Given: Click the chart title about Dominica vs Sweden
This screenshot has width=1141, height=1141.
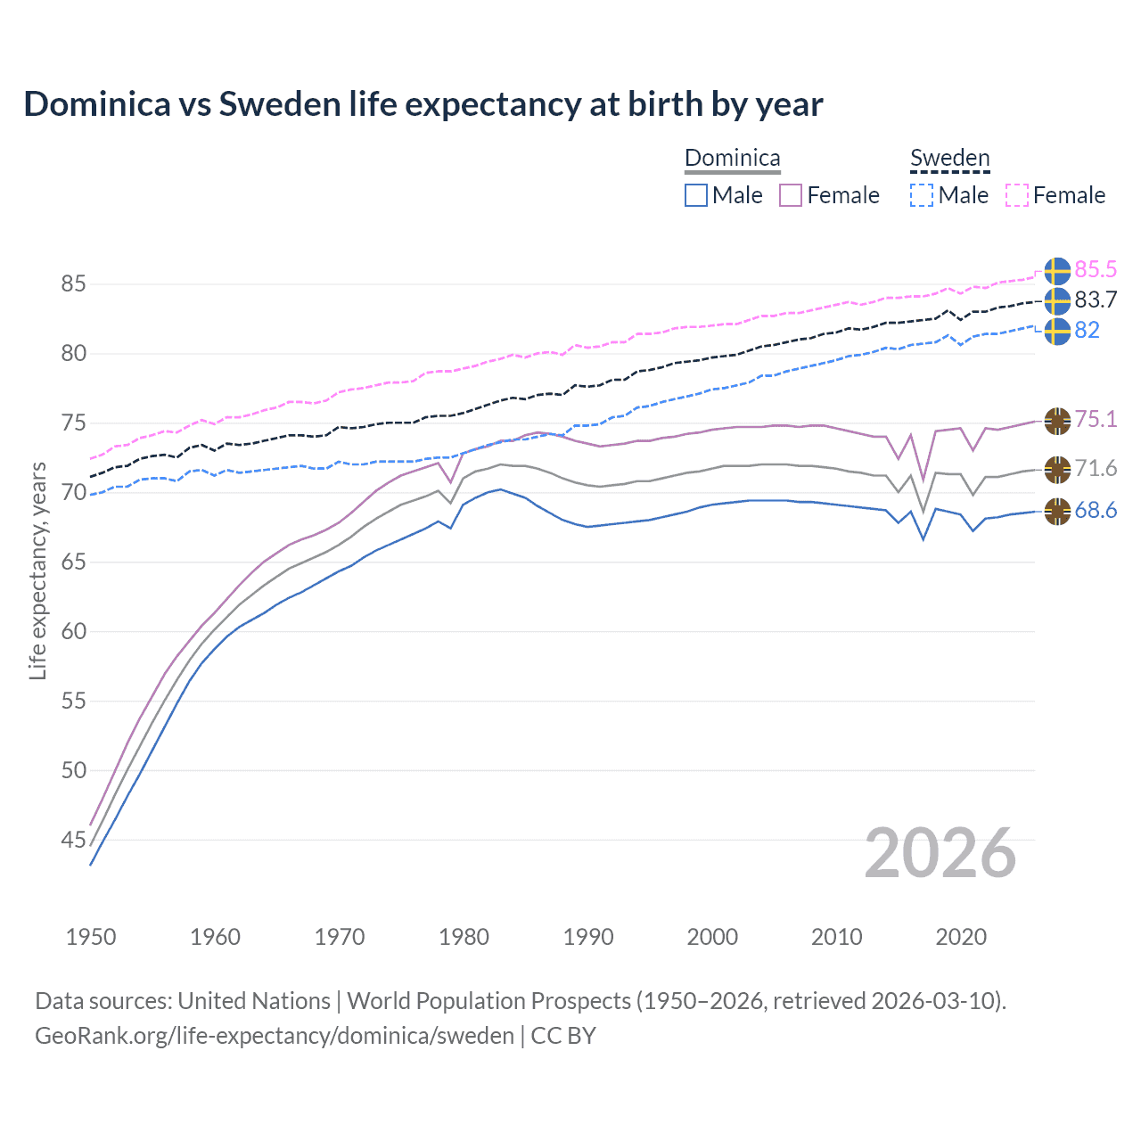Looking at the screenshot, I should tap(423, 104).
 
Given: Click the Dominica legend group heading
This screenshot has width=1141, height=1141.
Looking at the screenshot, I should tap(732, 158).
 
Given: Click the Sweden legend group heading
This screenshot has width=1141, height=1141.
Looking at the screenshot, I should tap(949, 158).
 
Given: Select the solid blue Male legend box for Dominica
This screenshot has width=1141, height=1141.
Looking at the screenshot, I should tap(696, 195).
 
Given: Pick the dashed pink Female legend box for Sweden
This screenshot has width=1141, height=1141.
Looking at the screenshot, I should tap(1017, 195).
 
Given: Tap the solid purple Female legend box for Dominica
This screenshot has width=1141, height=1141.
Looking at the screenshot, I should tap(791, 195).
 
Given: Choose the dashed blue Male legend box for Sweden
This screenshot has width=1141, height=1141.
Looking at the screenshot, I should tap(922, 195).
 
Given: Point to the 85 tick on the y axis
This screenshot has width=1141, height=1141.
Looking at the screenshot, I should tap(73, 284).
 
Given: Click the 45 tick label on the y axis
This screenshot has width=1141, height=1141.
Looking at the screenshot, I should tap(73, 840).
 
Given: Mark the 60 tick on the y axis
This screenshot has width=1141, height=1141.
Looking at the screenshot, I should tap(73, 631).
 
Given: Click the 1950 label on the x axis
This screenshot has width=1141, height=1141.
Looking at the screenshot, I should tap(91, 937).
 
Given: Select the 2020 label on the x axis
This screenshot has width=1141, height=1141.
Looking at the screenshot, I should tap(961, 937).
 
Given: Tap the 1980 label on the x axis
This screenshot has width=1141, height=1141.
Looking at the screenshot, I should tap(464, 937).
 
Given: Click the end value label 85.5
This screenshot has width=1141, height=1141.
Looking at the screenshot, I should tap(1096, 269).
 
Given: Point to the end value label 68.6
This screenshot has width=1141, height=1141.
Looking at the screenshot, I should tap(1096, 511).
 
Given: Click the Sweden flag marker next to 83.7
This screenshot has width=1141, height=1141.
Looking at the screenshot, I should tap(1057, 301).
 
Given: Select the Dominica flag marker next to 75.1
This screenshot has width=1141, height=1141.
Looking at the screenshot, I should tap(1057, 421).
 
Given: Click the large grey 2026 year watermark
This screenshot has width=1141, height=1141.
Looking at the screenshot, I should tap(940, 853).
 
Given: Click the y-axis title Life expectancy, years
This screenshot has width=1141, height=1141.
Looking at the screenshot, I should tap(37, 570).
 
